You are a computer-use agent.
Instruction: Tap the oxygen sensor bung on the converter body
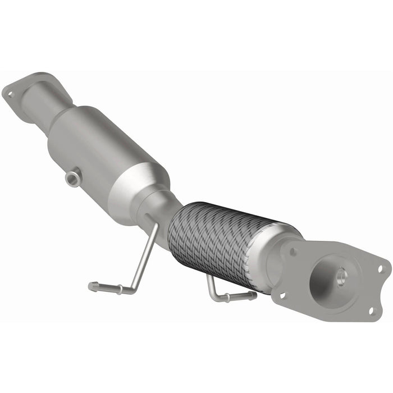(x=71, y=179)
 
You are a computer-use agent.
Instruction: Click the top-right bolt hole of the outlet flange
(x=380, y=269)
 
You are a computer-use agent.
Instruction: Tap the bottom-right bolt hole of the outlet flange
(x=371, y=309)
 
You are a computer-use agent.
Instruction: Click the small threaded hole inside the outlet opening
(x=340, y=276)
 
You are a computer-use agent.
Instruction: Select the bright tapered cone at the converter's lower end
(x=140, y=188)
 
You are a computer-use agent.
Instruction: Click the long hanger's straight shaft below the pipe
(x=144, y=255)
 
